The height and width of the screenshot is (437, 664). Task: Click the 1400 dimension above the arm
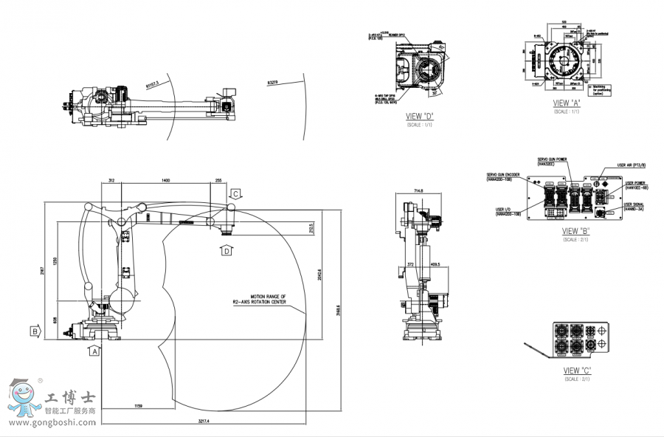(165, 180)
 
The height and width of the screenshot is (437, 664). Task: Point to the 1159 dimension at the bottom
(139, 407)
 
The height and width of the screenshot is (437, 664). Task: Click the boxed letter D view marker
(226, 251)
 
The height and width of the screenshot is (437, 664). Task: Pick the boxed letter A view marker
(94, 351)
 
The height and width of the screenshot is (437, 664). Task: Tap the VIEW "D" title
(419, 117)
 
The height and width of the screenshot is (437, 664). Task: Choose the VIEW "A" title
(567, 103)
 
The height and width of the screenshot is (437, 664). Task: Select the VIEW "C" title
(578, 370)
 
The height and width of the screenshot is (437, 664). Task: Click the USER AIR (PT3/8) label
(631, 165)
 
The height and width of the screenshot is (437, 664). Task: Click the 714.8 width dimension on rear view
(418, 191)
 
